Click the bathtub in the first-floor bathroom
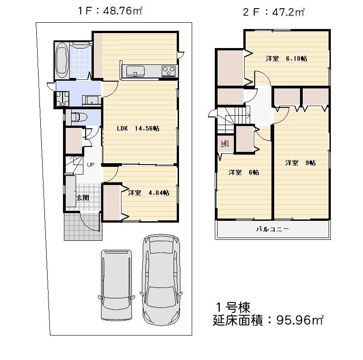coord(62,62)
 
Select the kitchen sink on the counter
coord(136,70)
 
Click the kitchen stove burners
coord(169,71)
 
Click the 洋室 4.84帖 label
coord(149,193)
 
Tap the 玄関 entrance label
coord(82,198)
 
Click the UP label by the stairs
coord(91,165)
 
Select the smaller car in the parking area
coord(116,284)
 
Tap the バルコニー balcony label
coord(272,229)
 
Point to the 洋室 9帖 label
coord(300,163)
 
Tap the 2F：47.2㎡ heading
coord(273,12)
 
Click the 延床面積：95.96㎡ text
coord(268,320)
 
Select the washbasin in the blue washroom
coord(92,101)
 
